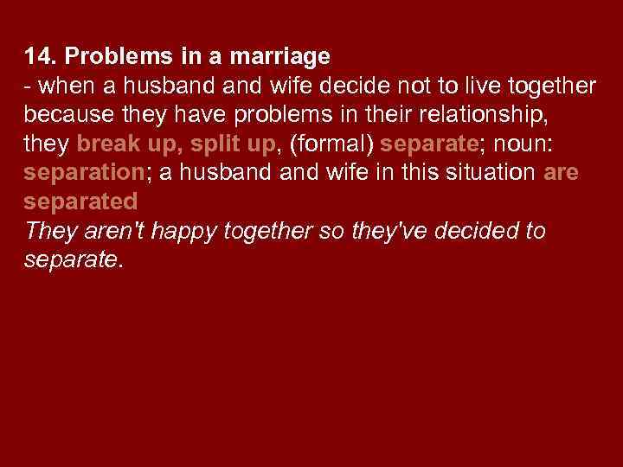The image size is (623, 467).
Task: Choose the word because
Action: coord(64,114)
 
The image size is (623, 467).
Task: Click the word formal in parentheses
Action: coord(334,144)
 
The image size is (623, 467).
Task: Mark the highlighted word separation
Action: coord(83,172)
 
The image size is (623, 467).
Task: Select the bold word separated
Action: coord(80,202)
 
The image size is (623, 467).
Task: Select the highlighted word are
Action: coord(561,172)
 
